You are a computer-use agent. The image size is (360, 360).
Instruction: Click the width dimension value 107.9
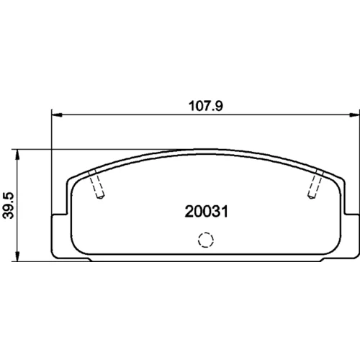206,106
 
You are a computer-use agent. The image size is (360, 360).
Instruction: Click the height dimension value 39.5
9,205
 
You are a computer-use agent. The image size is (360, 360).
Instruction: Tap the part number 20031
206,212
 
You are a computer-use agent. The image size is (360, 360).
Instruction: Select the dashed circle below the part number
206,240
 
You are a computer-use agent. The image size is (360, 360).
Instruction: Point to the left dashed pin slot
96,184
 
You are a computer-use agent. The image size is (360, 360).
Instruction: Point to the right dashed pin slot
315,184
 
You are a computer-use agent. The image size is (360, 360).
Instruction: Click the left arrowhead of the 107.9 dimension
57,115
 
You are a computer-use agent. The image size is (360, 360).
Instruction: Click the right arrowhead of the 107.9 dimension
354,115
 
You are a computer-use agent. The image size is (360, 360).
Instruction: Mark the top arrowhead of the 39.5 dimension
17,154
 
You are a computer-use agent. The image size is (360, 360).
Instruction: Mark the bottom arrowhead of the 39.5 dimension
17,256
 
